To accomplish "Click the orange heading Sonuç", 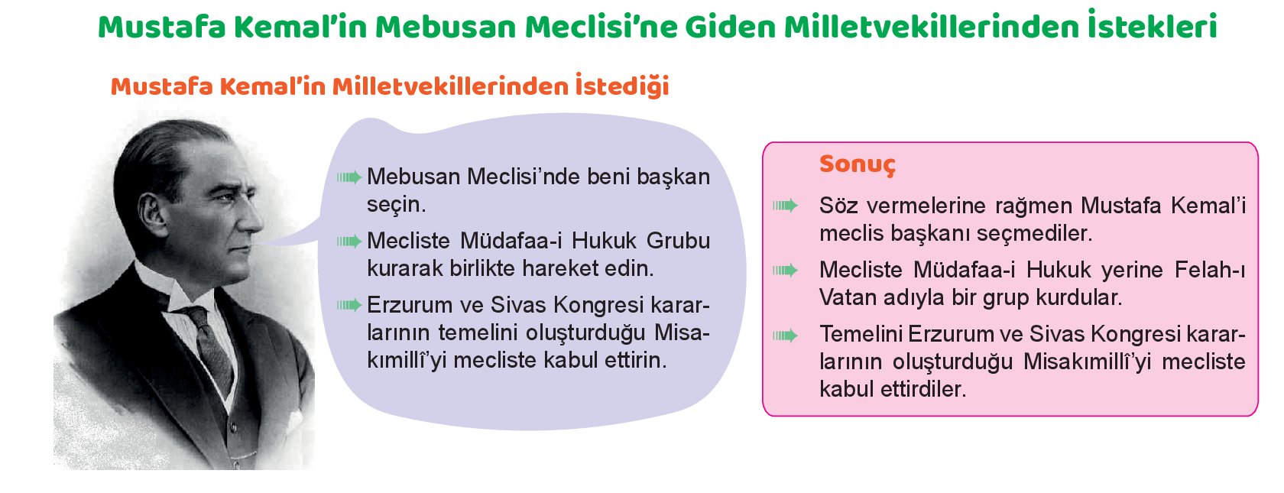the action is pyautogui.click(x=857, y=164).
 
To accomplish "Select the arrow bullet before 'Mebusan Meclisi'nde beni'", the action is pyautogui.click(x=349, y=177).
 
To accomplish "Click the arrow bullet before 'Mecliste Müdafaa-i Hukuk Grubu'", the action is pyautogui.click(x=349, y=242).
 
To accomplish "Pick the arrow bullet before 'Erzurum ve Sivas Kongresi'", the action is pyautogui.click(x=349, y=305).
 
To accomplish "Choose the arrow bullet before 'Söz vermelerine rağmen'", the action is pyautogui.click(x=786, y=206).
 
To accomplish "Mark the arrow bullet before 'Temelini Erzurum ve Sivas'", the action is pyautogui.click(x=786, y=336).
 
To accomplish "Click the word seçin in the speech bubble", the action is pyautogui.click(x=396, y=205).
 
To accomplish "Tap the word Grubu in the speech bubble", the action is pyautogui.click(x=678, y=241).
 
